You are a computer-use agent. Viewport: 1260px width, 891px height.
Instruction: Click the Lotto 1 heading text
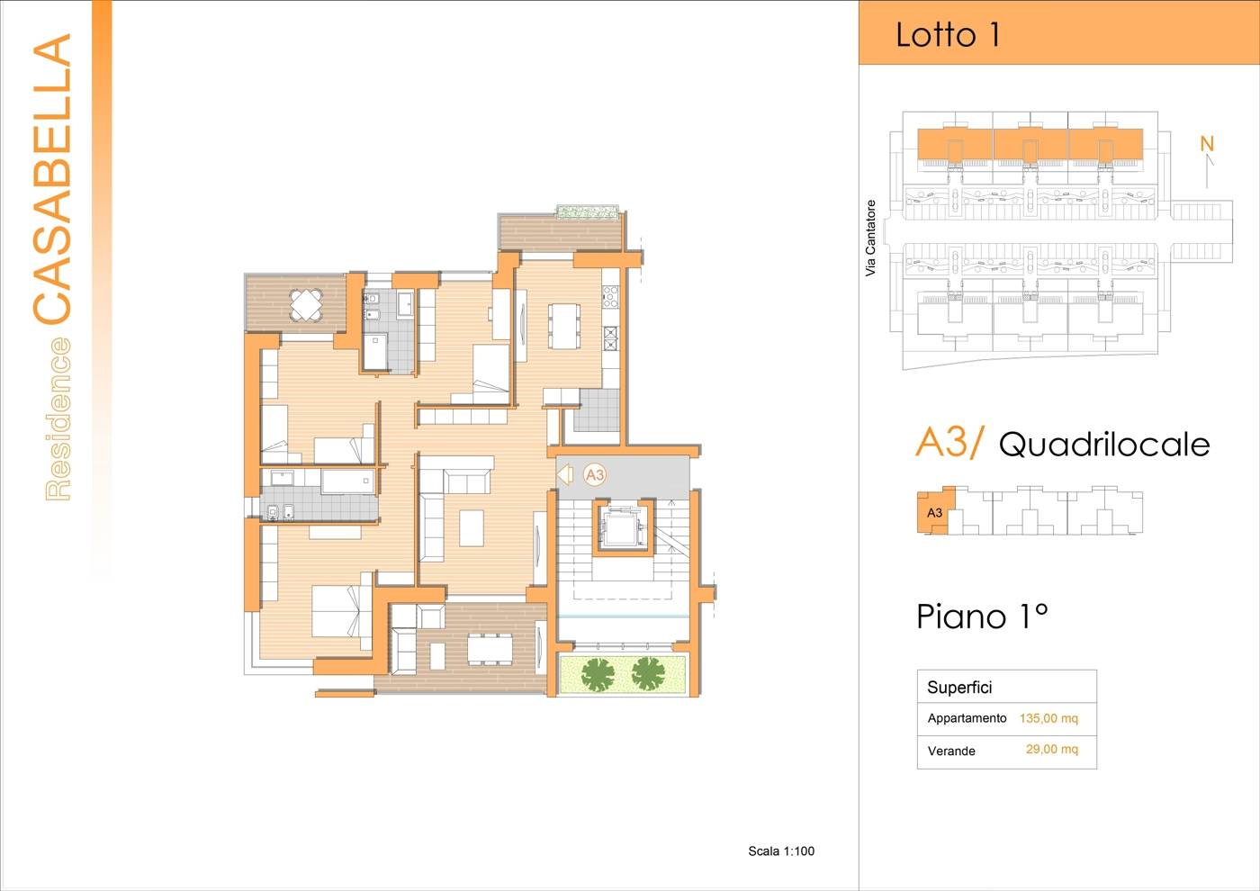(x=948, y=35)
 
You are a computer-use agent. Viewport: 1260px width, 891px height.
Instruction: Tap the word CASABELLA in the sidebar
(x=52, y=179)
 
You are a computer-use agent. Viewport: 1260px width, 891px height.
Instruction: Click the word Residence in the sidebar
(x=58, y=419)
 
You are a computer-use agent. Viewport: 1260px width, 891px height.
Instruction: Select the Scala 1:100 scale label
(x=781, y=851)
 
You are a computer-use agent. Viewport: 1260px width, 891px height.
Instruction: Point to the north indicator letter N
(x=1207, y=144)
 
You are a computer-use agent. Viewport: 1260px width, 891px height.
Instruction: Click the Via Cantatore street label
(x=871, y=238)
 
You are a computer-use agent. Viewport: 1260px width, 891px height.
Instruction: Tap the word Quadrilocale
(x=1104, y=445)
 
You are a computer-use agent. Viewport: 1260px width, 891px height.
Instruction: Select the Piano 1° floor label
(x=982, y=616)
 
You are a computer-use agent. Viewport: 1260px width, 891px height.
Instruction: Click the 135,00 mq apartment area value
(x=1048, y=718)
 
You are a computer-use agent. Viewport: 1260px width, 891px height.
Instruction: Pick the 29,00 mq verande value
(x=1052, y=749)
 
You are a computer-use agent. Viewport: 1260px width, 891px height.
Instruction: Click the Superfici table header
(x=959, y=688)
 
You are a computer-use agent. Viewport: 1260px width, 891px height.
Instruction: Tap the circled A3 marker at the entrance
(x=595, y=475)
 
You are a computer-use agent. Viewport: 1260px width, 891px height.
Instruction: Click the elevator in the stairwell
(x=623, y=526)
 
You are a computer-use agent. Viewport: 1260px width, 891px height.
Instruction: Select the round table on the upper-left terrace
(x=306, y=305)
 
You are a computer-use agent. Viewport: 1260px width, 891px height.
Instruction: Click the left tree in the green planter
(x=598, y=674)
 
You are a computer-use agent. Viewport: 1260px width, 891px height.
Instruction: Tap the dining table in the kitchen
(x=564, y=326)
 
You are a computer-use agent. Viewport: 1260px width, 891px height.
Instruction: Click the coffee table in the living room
(x=472, y=527)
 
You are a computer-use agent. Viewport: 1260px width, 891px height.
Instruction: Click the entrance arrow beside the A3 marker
(x=564, y=474)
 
